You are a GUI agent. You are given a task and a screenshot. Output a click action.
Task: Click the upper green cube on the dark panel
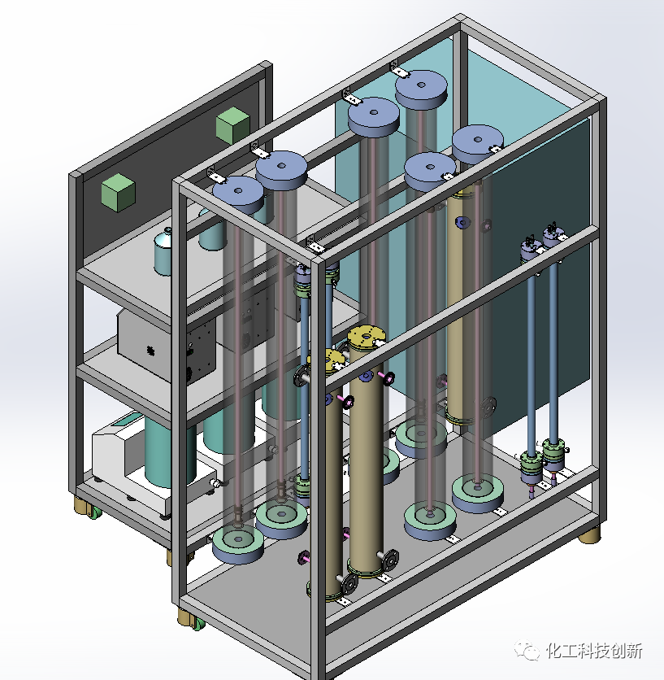(x=233, y=125)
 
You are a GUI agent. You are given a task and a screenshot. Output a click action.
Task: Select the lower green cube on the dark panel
(x=119, y=193)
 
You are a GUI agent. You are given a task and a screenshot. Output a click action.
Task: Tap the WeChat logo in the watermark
(x=527, y=651)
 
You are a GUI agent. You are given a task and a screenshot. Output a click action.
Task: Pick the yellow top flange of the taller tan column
(x=367, y=337)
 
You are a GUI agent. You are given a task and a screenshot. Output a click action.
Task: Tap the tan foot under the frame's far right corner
(x=590, y=534)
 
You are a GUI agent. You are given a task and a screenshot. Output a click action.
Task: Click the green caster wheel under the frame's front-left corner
(x=197, y=624)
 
